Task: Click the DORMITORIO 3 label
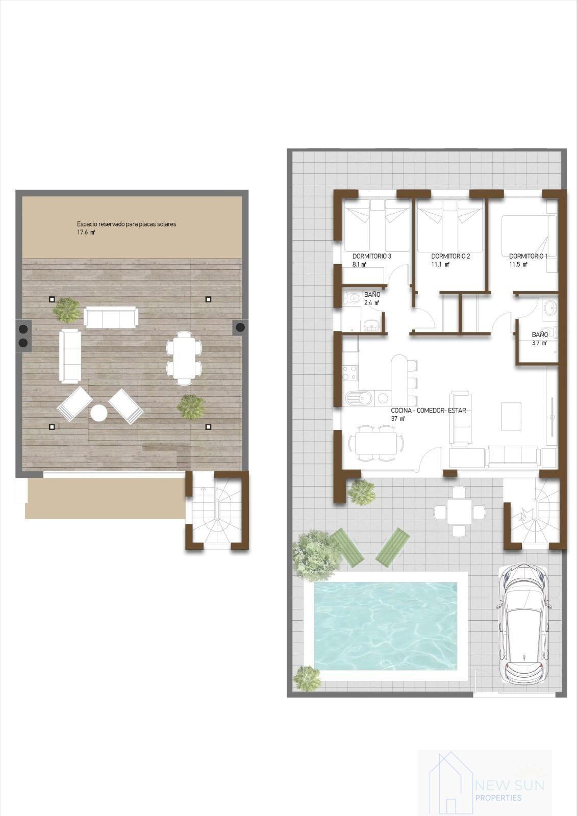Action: pyautogui.click(x=371, y=256)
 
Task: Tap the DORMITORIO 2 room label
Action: pyautogui.click(x=450, y=256)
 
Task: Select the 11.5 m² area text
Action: pyautogui.click(x=518, y=265)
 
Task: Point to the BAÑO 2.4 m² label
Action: pyautogui.click(x=372, y=298)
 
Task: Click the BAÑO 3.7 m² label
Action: pyautogui.click(x=540, y=338)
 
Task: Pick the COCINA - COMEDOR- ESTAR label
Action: pyautogui.click(x=428, y=411)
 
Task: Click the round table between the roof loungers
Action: pyautogui.click(x=99, y=413)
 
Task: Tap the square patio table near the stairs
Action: pyautogui.click(x=459, y=512)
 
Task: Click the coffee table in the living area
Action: pyautogui.click(x=511, y=416)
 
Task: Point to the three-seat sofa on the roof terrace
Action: pyautogui.click(x=111, y=317)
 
